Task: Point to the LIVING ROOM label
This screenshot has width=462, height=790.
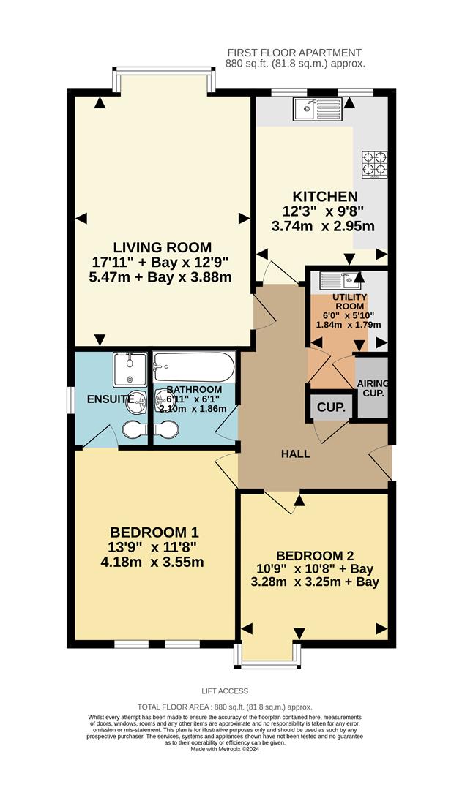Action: click(162, 247)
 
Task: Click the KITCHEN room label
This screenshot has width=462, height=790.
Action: click(325, 196)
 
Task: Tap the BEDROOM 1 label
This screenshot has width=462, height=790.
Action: click(154, 532)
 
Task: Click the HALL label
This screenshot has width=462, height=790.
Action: click(296, 454)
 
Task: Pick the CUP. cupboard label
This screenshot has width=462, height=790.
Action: click(331, 407)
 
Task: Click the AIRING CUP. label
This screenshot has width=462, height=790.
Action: click(373, 388)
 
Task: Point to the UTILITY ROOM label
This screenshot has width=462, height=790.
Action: click(349, 303)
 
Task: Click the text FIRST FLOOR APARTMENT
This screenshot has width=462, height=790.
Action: click(294, 53)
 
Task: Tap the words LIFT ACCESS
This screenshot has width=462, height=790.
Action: click(225, 691)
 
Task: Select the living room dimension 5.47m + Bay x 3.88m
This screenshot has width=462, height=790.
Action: click(162, 277)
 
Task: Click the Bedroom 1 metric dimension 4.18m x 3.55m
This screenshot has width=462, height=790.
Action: click(152, 562)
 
